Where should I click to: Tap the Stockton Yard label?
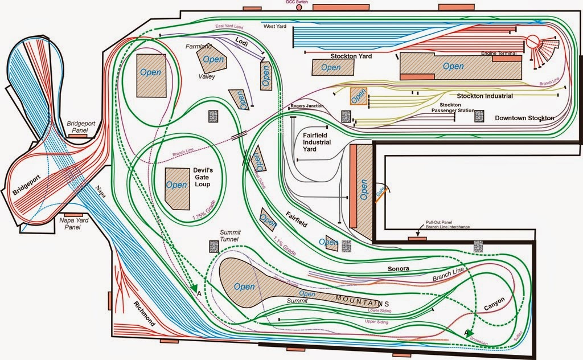[x=351, y=56]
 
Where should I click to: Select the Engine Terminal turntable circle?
[x=533, y=42]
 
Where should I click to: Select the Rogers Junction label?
[x=307, y=107]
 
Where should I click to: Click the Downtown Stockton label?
[x=524, y=118]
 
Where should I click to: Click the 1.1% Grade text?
[x=285, y=244]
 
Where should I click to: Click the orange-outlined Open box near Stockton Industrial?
[x=358, y=96]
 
